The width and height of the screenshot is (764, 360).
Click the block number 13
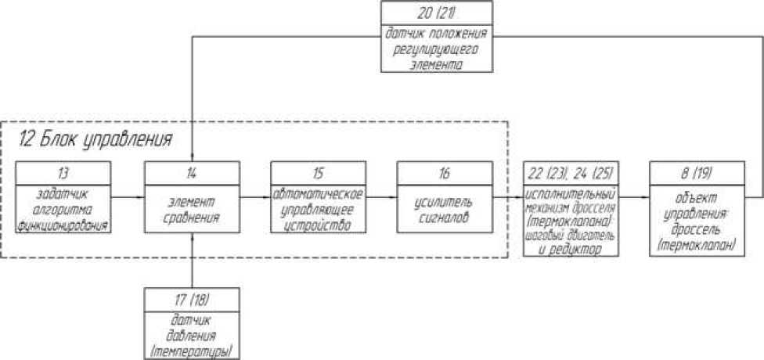[65, 172]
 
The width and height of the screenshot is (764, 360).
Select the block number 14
[192, 172]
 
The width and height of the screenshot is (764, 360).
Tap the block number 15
[318, 172]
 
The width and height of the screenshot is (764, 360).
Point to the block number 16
[444, 172]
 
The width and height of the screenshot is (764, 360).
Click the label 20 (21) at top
[437, 13]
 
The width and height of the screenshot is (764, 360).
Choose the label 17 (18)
[192, 298]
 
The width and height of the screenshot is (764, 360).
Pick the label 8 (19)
[696, 172]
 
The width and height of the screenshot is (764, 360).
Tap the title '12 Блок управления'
[95, 141]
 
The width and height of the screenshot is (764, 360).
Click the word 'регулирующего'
[437, 49]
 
